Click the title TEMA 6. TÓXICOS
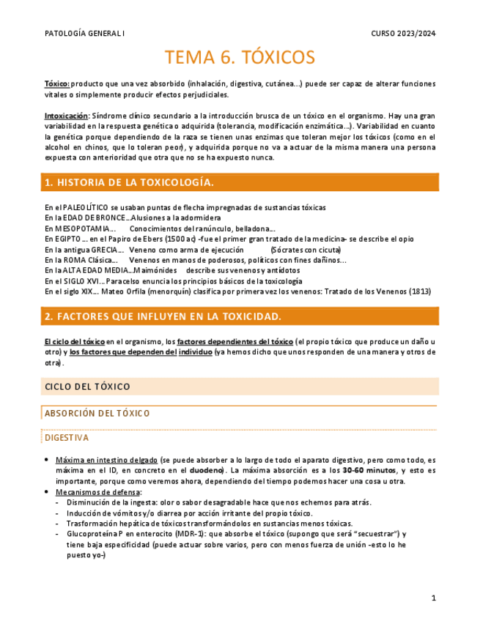coord(240,58)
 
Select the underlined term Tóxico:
coord(57,84)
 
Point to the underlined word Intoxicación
coord(66,116)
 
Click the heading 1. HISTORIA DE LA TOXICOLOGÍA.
coord(129,182)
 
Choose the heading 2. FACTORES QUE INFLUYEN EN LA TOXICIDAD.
coord(163,316)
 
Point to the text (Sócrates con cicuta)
coord(306,250)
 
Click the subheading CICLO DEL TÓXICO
coord(87,386)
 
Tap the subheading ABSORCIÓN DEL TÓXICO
coord(97,414)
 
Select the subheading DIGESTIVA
coord(67,438)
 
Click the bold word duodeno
coord(209,470)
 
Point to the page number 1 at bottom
coord(433,598)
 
